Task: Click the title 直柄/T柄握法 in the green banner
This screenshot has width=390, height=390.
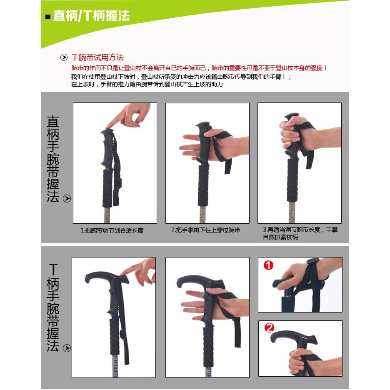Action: pyautogui.click(x=91, y=16)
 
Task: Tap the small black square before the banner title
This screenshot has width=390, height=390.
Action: pyautogui.click(x=48, y=17)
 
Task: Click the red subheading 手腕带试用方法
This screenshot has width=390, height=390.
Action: pyautogui.click(x=97, y=57)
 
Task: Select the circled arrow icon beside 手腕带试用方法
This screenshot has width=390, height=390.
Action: pyautogui.click(x=64, y=57)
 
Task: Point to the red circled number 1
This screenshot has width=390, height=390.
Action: pyautogui.click(x=268, y=265)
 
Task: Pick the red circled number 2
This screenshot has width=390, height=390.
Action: pyautogui.click(x=269, y=327)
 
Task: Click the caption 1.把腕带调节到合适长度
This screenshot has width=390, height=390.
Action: pyautogui.click(x=112, y=230)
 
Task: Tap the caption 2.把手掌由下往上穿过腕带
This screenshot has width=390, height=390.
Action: pyautogui.click(x=205, y=230)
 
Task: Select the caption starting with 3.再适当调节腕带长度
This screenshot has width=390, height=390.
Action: pyautogui.click(x=300, y=233)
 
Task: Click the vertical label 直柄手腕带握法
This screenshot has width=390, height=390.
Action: pyautogui.click(x=53, y=159)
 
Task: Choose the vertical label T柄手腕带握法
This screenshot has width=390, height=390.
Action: pyautogui.click(x=53, y=307)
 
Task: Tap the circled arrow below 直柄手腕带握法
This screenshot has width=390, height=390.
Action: pyautogui.click(x=67, y=198)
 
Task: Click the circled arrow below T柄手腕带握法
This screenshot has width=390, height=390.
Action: pyautogui.click(x=67, y=348)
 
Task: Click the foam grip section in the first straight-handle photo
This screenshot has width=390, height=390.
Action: pyautogui.click(x=107, y=188)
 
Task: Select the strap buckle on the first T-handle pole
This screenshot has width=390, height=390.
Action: pyautogui.click(x=122, y=335)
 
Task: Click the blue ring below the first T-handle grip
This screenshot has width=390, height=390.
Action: pyautogui.click(x=113, y=318)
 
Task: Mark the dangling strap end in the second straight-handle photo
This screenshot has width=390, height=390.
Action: pyautogui.click(x=228, y=166)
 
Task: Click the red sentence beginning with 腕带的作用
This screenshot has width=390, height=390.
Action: pyautogui.click(x=200, y=68)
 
